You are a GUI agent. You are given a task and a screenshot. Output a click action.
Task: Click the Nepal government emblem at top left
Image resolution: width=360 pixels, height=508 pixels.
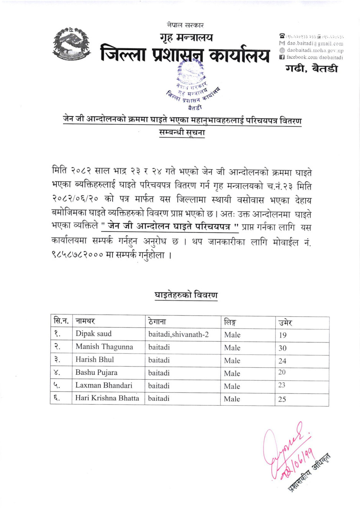point(71,44)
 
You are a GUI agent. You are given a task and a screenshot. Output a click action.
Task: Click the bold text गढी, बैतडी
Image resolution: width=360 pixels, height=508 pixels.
point(311,69)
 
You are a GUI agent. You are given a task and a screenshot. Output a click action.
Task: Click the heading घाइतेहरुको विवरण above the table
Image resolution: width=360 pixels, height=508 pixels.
point(186,295)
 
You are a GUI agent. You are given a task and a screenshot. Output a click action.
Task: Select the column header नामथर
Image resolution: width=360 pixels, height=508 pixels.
point(85,321)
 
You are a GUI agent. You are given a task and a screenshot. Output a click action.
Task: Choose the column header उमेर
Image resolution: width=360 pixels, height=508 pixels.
point(285,322)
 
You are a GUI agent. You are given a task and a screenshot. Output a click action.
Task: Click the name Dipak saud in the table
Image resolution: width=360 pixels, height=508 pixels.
point(93,334)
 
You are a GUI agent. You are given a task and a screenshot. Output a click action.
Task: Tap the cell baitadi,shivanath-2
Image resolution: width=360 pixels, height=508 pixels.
point(178,334)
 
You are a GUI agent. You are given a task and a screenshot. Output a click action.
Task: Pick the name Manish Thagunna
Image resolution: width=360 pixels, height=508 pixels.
point(104,347)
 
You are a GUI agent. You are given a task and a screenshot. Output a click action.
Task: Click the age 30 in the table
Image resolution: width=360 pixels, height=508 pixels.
point(282,348)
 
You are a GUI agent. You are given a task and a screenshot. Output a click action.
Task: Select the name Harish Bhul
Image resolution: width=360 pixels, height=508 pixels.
point(95,359)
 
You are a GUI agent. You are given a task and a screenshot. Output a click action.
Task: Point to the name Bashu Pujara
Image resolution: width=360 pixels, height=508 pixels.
point(96,372)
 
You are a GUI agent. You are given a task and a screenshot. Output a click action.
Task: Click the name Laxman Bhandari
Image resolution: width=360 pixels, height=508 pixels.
point(104,385)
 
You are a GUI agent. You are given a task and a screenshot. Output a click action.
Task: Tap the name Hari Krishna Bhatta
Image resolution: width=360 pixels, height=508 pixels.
point(107,398)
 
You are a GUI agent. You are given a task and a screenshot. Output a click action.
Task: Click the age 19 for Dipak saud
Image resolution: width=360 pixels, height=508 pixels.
point(282,335)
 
